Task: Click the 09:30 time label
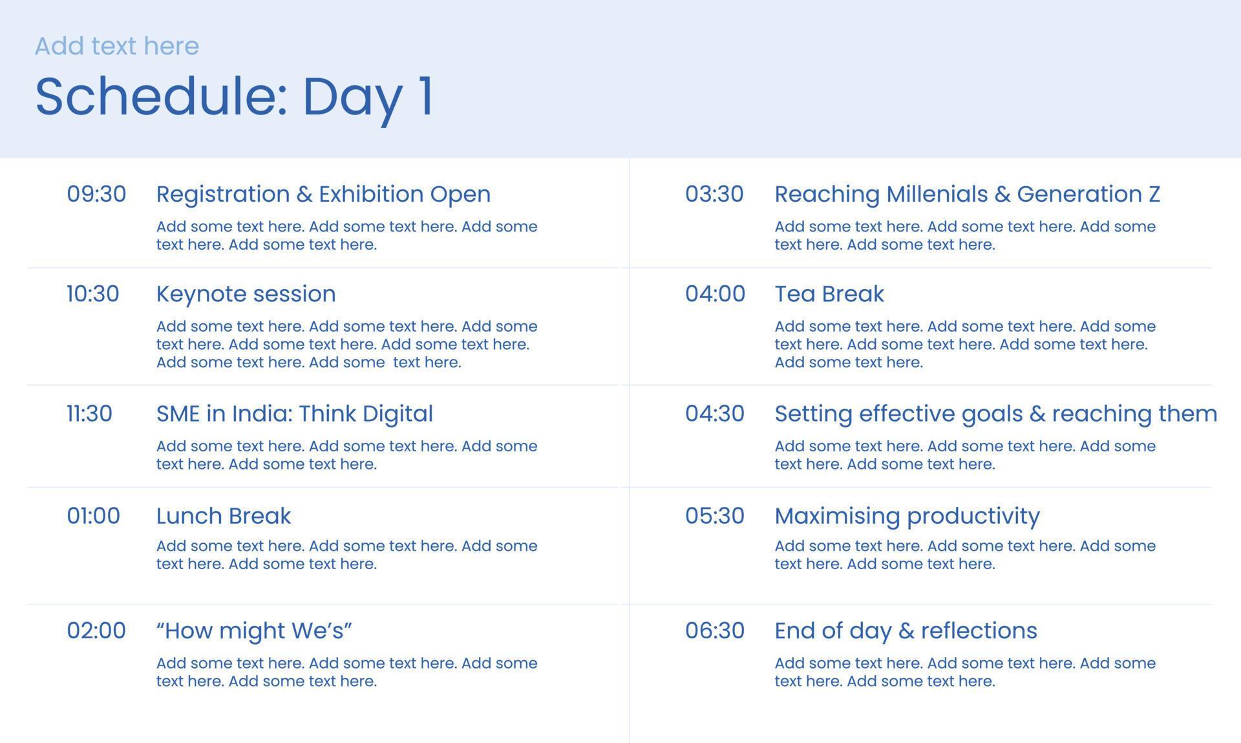96,194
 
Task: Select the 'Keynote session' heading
246,294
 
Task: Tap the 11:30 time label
89,413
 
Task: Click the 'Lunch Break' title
224,515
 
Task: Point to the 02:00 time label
96,630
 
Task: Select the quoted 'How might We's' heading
254,630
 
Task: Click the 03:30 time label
714,194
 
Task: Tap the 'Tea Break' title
829,294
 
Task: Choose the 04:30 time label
715,413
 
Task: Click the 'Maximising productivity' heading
907,515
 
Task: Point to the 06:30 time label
715,630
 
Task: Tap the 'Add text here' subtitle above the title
117,46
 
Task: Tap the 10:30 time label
93,294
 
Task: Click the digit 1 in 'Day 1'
426,96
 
